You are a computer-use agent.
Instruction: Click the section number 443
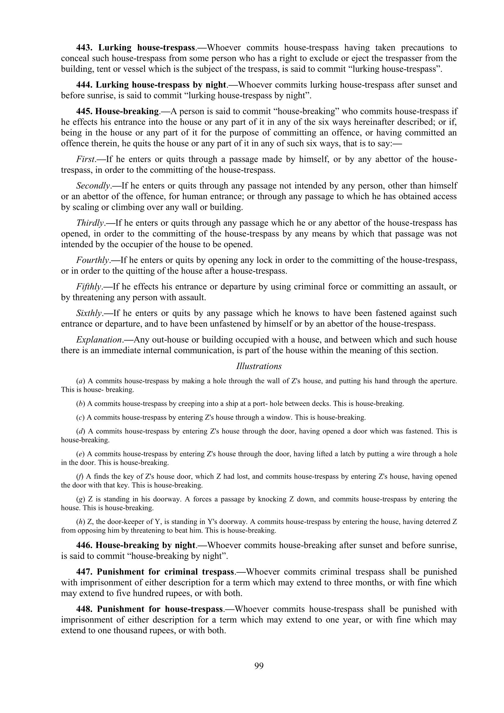84,48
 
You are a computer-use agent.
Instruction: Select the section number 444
84,85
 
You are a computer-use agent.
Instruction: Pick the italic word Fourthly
93,260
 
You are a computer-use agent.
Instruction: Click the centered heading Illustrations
259,366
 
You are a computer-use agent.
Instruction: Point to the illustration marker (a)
80,381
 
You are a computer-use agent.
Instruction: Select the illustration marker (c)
80,417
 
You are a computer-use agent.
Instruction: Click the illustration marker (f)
80,476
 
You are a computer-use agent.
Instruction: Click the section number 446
84,545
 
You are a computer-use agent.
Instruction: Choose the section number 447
84,572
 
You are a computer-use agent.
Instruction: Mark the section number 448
84,609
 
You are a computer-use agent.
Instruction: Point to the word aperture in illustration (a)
443,381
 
